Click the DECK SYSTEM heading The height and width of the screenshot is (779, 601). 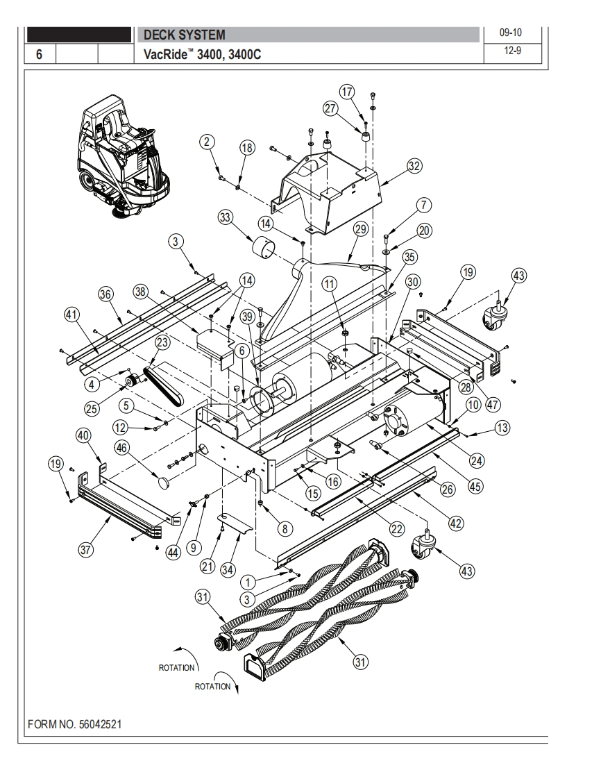click(185, 35)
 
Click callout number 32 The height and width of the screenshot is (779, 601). click(414, 166)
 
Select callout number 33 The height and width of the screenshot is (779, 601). click(226, 217)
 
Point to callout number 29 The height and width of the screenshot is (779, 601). click(361, 229)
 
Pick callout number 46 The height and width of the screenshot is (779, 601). click(122, 448)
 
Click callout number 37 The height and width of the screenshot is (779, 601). click(85, 549)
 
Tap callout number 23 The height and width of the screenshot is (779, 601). click(162, 342)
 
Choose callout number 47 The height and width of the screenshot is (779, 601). click(492, 404)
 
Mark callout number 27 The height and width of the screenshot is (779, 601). click(331, 108)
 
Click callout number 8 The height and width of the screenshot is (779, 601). click(285, 528)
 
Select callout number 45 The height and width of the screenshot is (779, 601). click(475, 486)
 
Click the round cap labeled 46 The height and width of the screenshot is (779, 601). click(164, 481)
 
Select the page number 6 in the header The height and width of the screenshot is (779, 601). click(40, 53)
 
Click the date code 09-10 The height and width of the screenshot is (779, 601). click(511, 33)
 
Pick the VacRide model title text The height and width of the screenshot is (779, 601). click(202, 54)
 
